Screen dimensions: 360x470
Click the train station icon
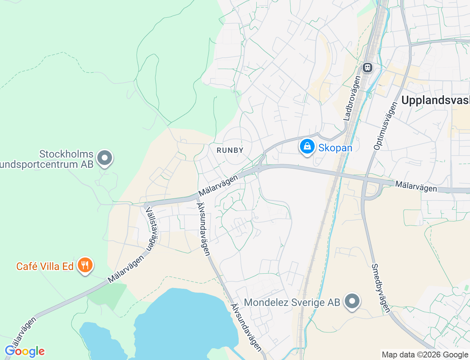[367, 68]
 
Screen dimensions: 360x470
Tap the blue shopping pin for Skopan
[307, 146]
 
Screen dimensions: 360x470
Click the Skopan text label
[335, 148]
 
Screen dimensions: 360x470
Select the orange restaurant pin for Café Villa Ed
[85, 265]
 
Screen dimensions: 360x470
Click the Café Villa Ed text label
[45, 266]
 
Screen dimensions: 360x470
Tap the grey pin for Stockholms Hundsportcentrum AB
[105, 158]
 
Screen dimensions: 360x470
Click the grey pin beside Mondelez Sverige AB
[352, 301]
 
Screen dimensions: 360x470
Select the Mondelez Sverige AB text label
[292, 302]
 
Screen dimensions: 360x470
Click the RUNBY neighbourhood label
[230, 150]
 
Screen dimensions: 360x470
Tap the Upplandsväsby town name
[435, 100]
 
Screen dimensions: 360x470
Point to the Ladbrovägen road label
[352, 98]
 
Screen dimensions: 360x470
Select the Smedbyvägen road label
[380, 288]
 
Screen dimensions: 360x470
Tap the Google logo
[25, 352]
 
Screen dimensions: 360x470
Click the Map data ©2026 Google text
[424, 354]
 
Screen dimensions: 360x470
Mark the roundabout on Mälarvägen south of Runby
[259, 169]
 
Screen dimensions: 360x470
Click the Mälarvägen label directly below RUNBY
[218, 186]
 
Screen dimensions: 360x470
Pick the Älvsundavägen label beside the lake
[246, 328]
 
